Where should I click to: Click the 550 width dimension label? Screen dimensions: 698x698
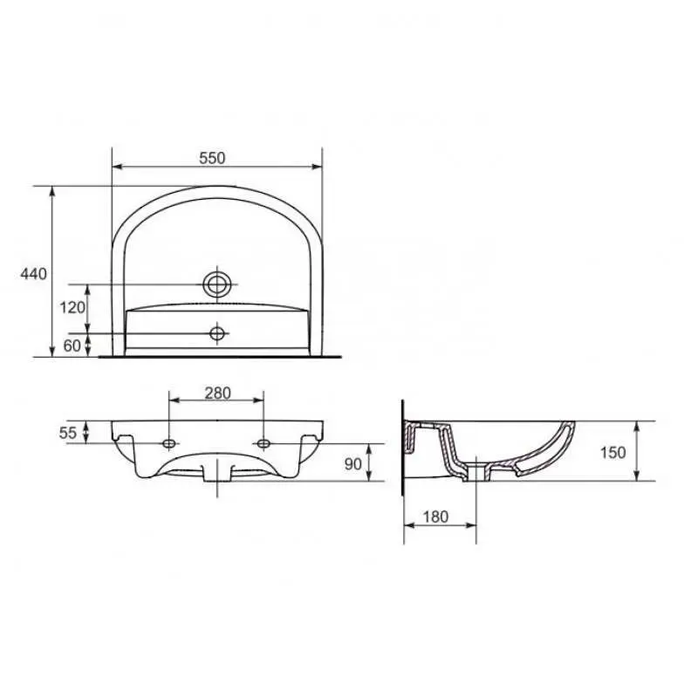pyautogui.click(x=212, y=158)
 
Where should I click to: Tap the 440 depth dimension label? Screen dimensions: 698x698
pyautogui.click(x=33, y=274)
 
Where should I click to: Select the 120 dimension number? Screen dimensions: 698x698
pyautogui.click(x=72, y=307)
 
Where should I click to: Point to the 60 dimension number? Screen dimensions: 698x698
pyautogui.click(x=72, y=346)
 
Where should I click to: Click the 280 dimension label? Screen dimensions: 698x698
pyautogui.click(x=217, y=393)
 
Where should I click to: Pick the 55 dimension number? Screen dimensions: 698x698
pyautogui.click(x=68, y=433)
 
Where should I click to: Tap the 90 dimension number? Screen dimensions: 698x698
pyautogui.click(x=353, y=464)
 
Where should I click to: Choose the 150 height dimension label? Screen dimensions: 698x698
pyautogui.click(x=613, y=453)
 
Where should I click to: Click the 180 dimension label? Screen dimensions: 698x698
pyautogui.click(x=435, y=517)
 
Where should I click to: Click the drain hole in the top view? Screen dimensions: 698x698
pyautogui.click(x=217, y=284)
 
